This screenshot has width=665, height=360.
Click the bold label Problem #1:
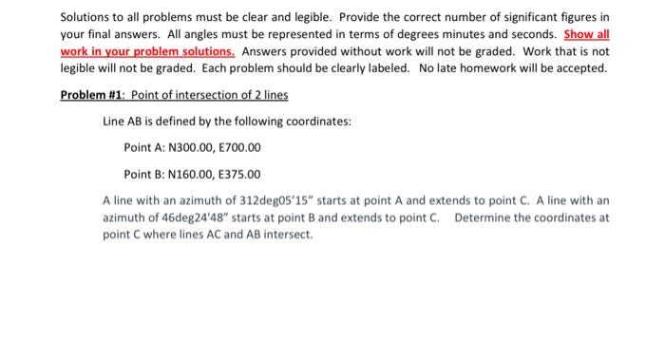coord(92,97)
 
